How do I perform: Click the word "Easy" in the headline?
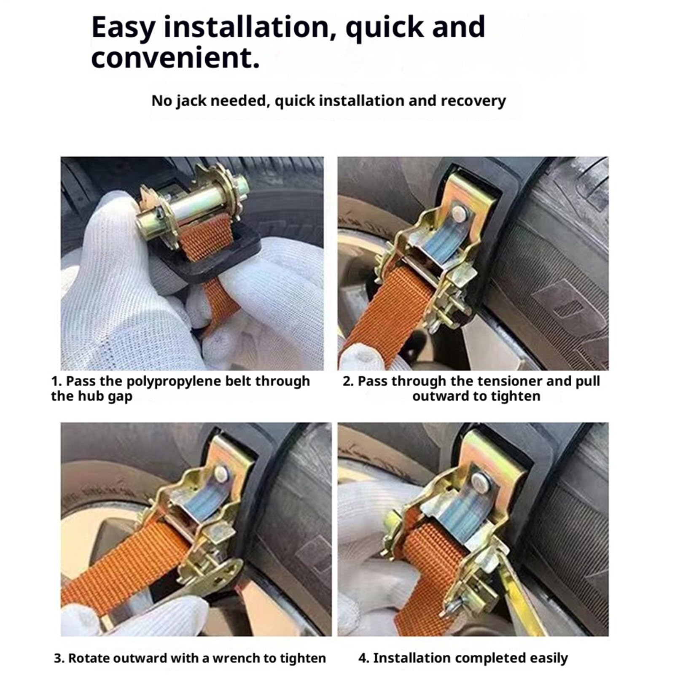(123, 28)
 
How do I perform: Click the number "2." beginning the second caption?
(348, 381)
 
